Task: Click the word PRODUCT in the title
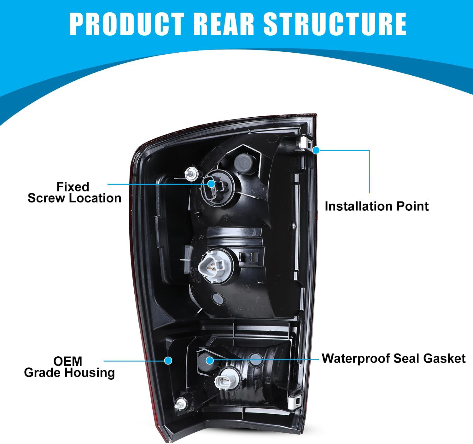point(127,24)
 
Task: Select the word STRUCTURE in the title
point(335,24)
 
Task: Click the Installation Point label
point(377,206)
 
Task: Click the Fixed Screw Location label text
point(74,192)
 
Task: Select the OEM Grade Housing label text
point(69,367)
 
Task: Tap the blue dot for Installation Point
point(316,150)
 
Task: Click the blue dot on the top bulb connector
point(211,184)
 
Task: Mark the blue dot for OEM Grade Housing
point(168,360)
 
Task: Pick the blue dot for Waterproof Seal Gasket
point(210,360)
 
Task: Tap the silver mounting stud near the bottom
point(181,404)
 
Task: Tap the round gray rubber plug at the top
point(243,163)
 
